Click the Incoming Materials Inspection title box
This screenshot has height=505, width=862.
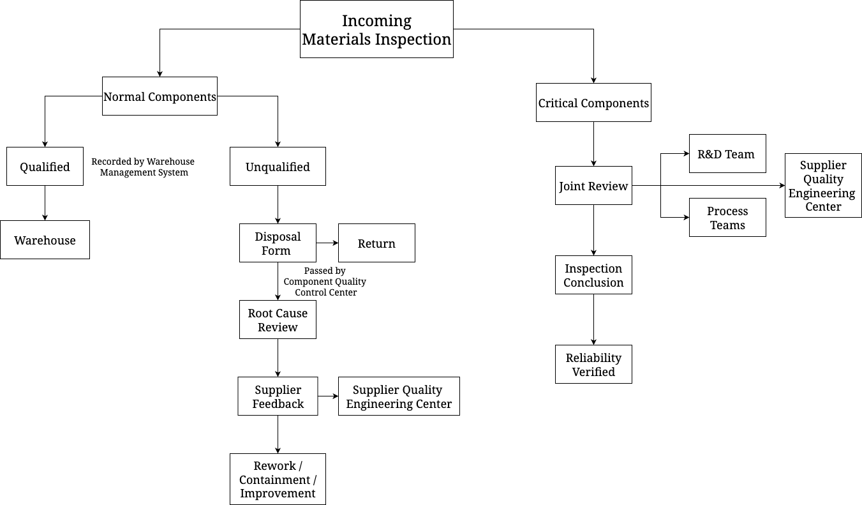coord(376,29)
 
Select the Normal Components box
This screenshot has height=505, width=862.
coord(160,96)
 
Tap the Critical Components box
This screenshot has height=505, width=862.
coord(593,103)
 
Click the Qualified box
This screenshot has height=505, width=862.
coord(45,167)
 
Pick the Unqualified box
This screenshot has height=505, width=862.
coord(278,167)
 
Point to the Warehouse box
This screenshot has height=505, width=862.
coord(45,240)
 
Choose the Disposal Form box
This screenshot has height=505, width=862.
coord(278,243)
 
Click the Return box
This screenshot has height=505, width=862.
coord(376,243)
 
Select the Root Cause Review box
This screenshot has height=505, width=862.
coord(278,320)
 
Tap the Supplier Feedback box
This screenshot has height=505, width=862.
coord(278,396)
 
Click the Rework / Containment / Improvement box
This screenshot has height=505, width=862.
coord(278,479)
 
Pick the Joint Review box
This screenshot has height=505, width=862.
coord(593,186)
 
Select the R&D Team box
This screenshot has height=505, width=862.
coord(727,154)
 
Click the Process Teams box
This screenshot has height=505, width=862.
coord(727,218)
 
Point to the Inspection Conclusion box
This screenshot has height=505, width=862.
coord(593,275)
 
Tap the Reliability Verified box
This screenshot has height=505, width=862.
coord(593,365)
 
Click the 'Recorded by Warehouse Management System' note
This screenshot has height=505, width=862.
coord(143,167)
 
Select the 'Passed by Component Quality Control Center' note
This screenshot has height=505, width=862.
coord(325,282)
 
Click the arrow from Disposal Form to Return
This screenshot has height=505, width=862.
coord(327,243)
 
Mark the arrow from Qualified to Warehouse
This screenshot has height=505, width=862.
coord(45,203)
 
